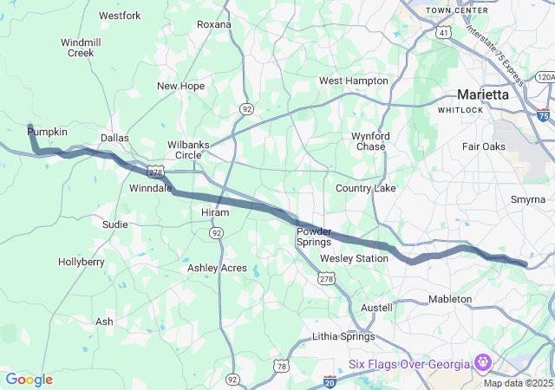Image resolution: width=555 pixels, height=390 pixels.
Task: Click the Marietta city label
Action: [x=483, y=94]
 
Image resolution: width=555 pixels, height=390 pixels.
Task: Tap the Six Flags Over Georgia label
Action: [x=408, y=363]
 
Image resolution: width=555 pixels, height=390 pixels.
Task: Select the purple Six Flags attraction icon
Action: [x=483, y=362]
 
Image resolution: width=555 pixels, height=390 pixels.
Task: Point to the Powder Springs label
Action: [x=313, y=237]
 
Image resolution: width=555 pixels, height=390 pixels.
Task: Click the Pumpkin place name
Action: [x=47, y=131]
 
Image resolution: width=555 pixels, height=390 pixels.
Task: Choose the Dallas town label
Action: [x=114, y=138]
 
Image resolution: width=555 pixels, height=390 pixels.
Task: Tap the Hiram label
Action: [x=215, y=212]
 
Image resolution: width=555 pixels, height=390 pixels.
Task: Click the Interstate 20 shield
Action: [x=330, y=380]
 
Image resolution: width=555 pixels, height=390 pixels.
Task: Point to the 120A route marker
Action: [x=545, y=77]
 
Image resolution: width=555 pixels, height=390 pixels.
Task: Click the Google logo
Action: [x=29, y=380]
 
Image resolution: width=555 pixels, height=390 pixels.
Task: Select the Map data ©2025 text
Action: [x=517, y=383]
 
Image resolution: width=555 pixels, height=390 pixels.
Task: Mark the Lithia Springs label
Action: [x=343, y=336]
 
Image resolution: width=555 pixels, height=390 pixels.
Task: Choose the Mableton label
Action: [x=450, y=299]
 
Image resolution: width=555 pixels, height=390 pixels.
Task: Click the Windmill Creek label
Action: [x=81, y=48]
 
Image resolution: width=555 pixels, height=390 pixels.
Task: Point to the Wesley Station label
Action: [x=354, y=259]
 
